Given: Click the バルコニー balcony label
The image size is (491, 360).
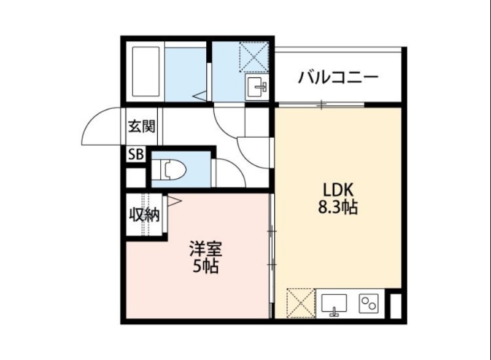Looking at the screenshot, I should coord(338,78).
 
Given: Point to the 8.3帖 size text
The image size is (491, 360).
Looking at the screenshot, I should coord(337,208).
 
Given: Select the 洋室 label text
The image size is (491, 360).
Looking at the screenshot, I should coord(205,249).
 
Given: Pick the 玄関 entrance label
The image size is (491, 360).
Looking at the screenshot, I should coord(141,127).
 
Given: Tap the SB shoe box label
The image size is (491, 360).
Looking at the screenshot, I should coord(135,155).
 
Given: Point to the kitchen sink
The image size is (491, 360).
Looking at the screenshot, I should coord(334,303).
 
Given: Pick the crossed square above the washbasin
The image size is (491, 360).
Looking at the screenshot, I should coord(253,56).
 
